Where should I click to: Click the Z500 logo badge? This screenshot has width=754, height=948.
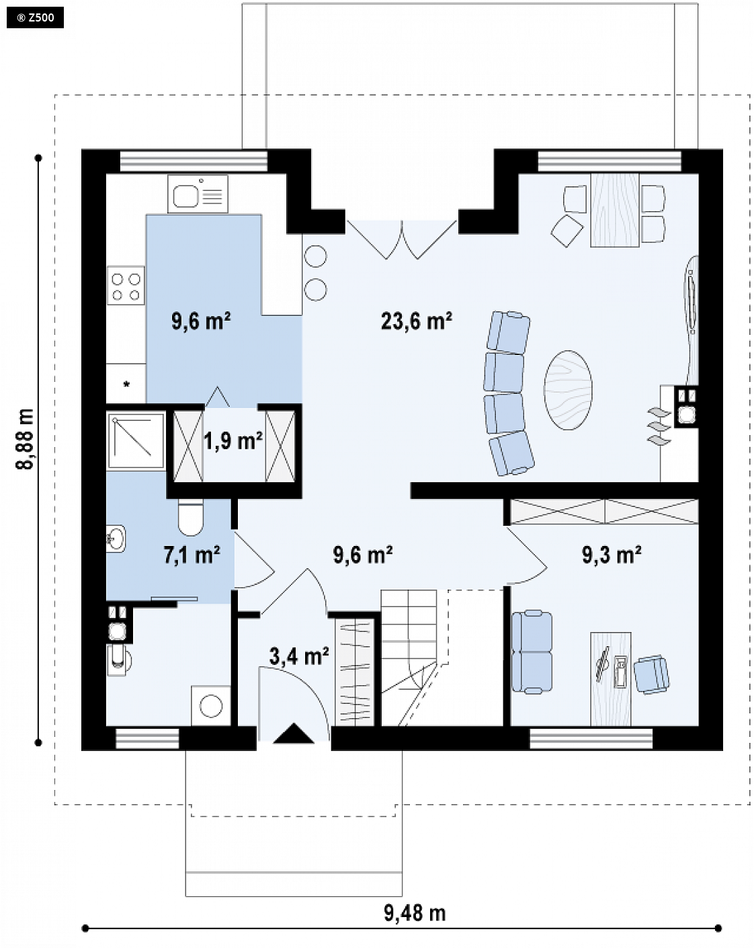35,17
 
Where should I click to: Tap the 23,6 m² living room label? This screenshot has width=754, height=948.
416,321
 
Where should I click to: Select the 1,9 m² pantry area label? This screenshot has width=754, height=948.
233,440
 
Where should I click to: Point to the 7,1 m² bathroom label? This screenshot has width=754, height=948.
192,555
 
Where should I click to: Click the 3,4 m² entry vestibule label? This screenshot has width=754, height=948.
299,656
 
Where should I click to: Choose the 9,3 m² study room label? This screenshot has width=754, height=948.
612,555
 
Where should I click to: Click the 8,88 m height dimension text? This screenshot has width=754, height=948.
25,440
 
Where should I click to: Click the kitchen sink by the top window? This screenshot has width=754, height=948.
198,194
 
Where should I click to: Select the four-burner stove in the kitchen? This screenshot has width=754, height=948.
126,286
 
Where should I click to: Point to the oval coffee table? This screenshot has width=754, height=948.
568,389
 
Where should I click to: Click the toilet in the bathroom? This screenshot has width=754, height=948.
191,517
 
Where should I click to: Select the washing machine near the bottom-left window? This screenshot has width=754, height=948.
210,705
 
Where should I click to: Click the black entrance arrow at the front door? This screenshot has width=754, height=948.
293,733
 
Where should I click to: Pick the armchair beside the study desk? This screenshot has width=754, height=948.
651,674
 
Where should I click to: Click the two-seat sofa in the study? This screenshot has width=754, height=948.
532,652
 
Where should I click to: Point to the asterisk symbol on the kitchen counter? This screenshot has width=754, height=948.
126,385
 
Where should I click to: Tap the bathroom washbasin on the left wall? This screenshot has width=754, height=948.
116,539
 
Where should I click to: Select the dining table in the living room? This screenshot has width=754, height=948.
614,210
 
